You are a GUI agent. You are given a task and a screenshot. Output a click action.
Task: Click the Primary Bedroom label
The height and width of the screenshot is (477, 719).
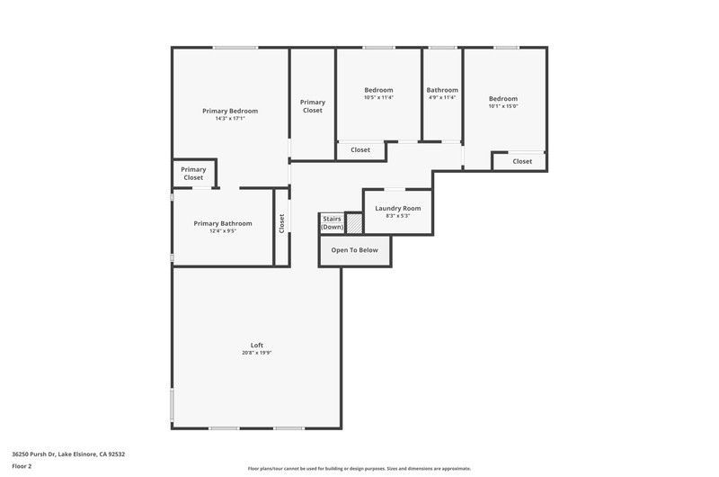230,111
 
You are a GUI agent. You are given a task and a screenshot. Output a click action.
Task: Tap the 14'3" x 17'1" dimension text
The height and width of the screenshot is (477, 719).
230,119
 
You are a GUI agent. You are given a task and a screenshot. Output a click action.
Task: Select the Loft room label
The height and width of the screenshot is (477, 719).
257,346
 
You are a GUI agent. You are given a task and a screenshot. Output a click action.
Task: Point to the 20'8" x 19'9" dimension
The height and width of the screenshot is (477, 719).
257,353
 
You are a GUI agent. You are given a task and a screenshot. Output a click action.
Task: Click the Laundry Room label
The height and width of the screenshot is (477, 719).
398,209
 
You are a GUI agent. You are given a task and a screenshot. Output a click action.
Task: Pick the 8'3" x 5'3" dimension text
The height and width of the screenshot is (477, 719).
398,216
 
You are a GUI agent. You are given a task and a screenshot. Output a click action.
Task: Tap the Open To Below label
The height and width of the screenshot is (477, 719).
354,250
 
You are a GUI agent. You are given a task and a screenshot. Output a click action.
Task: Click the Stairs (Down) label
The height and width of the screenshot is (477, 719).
332,222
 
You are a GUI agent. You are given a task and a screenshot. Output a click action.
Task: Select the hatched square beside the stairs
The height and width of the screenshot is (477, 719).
354,223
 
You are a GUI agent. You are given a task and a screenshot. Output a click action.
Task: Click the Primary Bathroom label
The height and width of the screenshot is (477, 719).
223,223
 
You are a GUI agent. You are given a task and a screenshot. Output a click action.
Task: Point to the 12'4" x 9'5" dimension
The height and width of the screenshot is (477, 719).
223,231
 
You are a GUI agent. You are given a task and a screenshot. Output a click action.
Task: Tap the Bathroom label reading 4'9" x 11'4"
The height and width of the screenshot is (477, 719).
442,90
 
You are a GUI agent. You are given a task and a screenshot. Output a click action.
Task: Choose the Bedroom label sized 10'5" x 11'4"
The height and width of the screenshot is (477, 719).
378,90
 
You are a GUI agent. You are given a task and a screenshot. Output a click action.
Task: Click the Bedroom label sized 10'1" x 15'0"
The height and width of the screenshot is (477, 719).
503,99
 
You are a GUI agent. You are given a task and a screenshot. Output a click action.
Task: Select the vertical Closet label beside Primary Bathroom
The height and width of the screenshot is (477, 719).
281,223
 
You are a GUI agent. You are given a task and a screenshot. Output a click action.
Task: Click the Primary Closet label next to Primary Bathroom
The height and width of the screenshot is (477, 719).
193,174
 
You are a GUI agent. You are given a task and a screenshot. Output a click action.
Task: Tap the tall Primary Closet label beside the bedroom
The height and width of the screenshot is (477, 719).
313,106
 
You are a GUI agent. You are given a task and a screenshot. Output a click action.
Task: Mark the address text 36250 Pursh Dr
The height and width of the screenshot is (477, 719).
34,454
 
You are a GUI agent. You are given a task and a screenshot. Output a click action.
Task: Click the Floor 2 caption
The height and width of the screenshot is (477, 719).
22,466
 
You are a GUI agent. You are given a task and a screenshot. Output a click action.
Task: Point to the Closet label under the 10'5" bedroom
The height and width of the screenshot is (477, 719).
360,149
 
